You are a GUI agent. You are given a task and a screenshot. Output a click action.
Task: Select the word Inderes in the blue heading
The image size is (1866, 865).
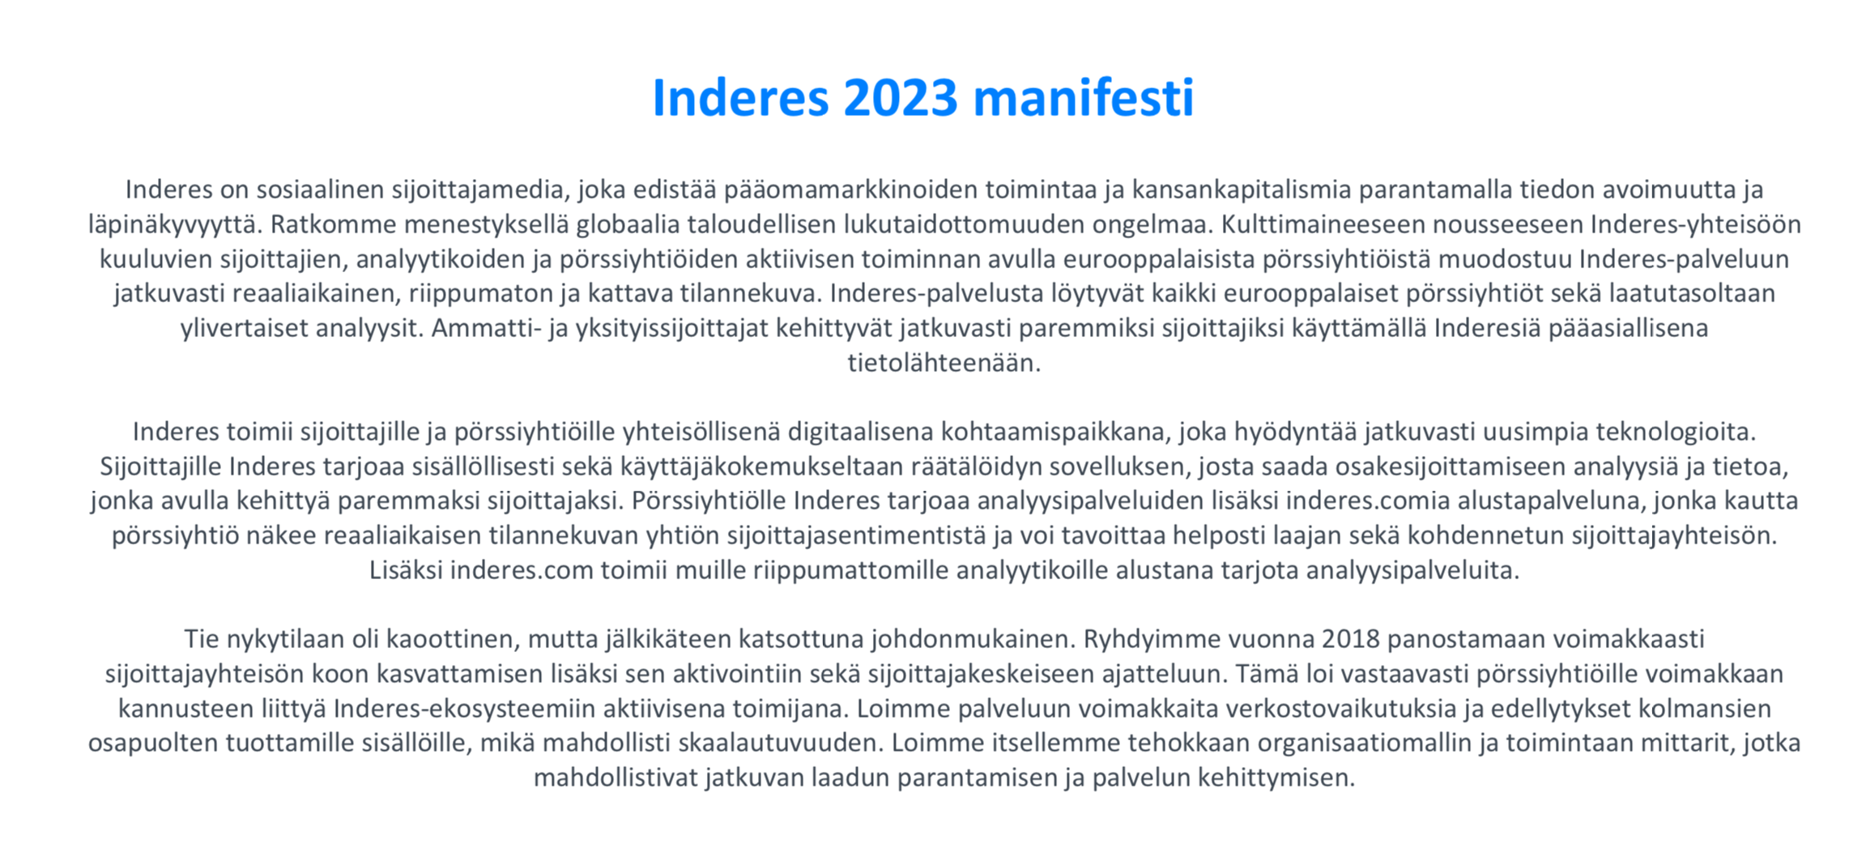(740, 97)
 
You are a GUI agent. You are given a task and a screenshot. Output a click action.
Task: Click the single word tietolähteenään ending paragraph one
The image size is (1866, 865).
(944, 363)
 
